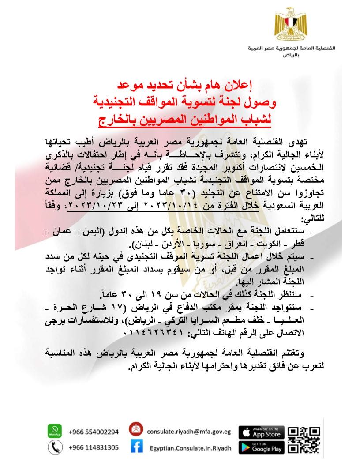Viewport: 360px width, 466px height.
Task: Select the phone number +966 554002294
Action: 94,432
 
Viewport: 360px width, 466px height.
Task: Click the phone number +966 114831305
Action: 94,447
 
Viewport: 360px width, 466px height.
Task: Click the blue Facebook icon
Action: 136,447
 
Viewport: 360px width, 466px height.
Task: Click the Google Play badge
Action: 262,447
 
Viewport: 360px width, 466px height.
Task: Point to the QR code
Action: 304,440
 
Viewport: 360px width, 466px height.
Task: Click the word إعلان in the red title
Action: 241,83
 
